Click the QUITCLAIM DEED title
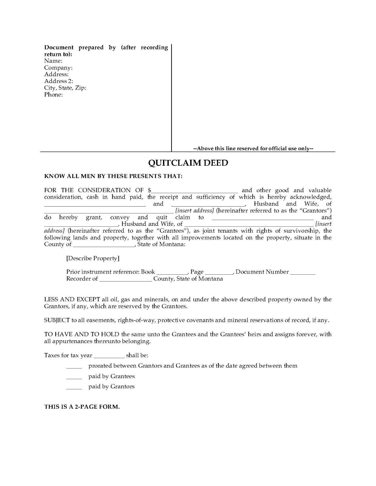(x=188, y=163)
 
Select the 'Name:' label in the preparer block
(x=53, y=61)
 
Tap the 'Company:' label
(x=58, y=68)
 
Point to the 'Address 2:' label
(x=59, y=81)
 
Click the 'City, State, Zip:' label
(x=65, y=88)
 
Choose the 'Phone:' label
(x=53, y=95)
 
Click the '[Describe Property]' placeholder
(x=93, y=258)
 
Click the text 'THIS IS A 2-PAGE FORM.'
(x=82, y=407)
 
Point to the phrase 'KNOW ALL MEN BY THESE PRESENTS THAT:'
(x=113, y=176)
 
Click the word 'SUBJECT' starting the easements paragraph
(x=57, y=320)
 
